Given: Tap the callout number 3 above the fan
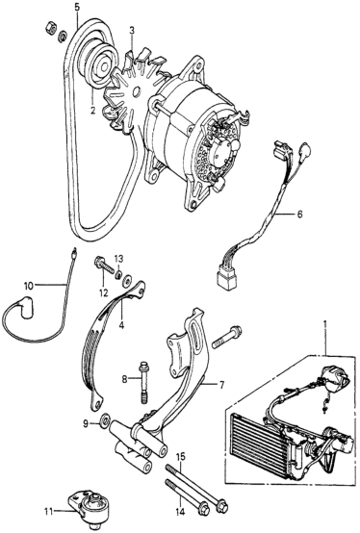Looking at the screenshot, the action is tap(132, 30).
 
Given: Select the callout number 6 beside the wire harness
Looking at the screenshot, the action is tap(299, 215).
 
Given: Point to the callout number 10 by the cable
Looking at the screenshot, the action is tap(29, 286).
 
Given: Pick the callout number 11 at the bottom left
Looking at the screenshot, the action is tap(49, 511).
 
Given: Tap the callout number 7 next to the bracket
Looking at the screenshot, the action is tap(221, 385).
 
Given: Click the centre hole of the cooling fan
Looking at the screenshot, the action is tap(137, 91).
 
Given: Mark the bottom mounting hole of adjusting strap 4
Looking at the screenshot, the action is tap(98, 404).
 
